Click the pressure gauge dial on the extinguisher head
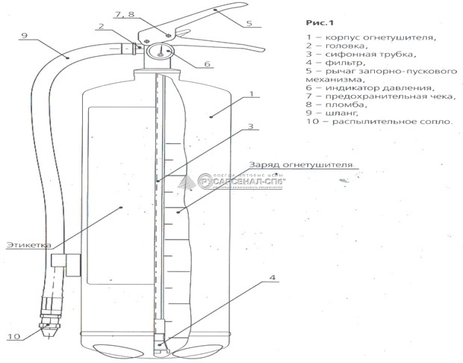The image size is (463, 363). click(x=164, y=52)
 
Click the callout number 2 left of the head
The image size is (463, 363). click(x=99, y=28)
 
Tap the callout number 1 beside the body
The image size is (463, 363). click(x=253, y=95)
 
